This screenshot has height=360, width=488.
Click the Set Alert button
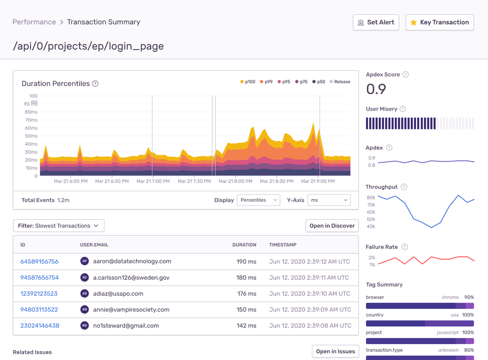[x=376, y=22]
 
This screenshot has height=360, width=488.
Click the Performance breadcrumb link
[x=34, y=22]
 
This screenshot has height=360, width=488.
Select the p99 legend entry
[x=266, y=82]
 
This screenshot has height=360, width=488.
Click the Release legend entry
[x=339, y=82]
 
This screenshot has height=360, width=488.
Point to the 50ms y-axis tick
[x=31, y=136]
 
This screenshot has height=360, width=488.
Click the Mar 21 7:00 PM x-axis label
[x=153, y=181]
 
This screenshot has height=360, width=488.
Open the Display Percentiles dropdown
[x=258, y=200]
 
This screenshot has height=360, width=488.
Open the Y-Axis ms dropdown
[x=329, y=200]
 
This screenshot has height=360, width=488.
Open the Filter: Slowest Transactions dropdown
[x=59, y=226]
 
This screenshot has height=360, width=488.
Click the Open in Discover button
[x=332, y=226]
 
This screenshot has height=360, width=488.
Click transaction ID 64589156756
[x=39, y=262]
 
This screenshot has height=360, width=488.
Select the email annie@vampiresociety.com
[x=131, y=310]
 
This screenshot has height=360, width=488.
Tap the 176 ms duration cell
[x=246, y=294]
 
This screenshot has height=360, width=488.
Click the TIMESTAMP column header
[x=283, y=245]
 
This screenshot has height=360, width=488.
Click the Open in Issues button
[x=335, y=351]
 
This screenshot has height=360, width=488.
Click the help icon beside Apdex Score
[x=405, y=74]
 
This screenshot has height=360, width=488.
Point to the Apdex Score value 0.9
[x=376, y=89]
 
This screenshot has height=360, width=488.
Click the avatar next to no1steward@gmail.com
[x=85, y=325]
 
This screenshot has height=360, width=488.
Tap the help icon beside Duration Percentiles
[x=95, y=84]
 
